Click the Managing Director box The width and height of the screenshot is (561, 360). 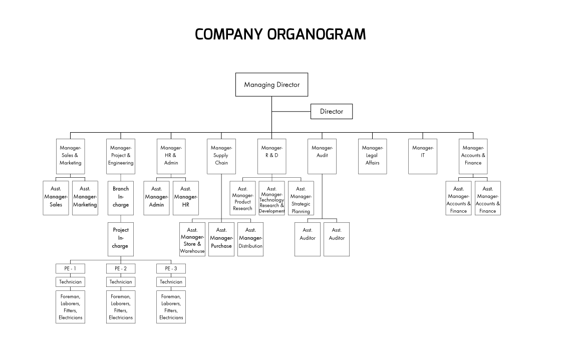click(271, 85)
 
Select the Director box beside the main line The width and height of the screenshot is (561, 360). click(331, 111)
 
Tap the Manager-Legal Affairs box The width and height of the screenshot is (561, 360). click(372, 156)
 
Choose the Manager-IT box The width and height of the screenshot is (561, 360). click(422, 156)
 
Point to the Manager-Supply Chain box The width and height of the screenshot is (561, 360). click(221, 156)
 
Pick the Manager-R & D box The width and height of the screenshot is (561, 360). click(272, 156)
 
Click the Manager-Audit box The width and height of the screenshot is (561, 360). click(322, 156)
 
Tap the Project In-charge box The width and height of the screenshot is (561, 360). click(121, 239)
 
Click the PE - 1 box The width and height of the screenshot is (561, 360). click(70, 269)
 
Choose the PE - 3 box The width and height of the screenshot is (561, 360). click(171, 269)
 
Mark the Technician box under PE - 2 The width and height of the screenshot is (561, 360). click(121, 282)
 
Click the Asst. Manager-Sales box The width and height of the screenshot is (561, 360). click(56, 198)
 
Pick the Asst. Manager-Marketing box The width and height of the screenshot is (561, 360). click(85, 198)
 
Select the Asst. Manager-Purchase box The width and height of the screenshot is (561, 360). click(221, 239)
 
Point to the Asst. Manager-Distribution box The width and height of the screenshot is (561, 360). click(250, 239)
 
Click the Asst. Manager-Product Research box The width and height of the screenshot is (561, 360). click(242, 198)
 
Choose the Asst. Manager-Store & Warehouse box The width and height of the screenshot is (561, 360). click(192, 239)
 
